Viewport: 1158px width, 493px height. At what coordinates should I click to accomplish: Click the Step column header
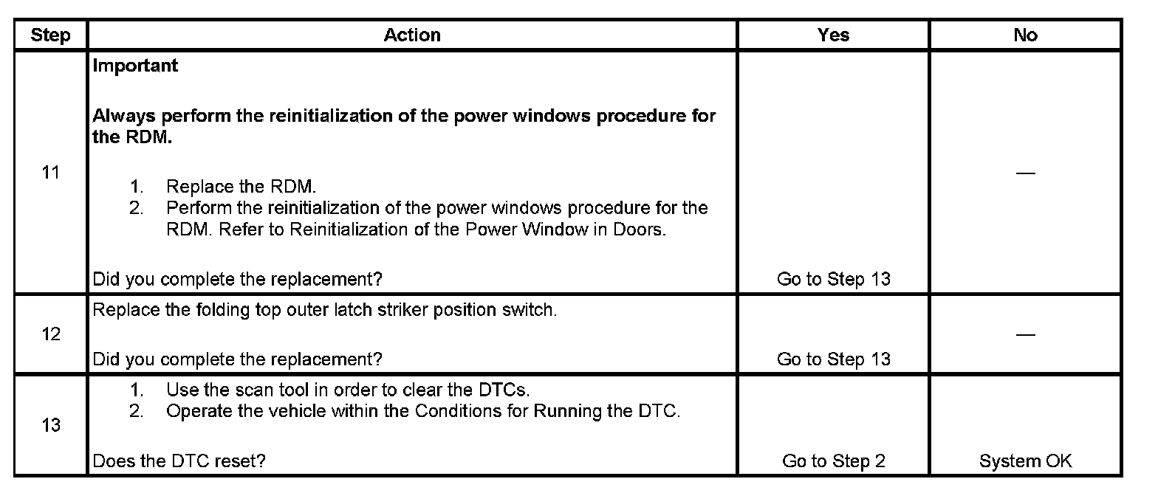click(x=51, y=35)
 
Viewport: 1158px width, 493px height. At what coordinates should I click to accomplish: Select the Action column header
click(x=412, y=35)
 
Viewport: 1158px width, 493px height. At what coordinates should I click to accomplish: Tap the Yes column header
click(x=833, y=35)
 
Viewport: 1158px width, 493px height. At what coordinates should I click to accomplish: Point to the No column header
click(x=1025, y=35)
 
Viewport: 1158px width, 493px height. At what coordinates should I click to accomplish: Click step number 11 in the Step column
click(x=51, y=173)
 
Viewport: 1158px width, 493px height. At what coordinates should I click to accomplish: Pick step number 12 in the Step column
click(x=51, y=334)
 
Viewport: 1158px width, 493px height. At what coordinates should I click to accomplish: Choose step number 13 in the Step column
click(x=51, y=426)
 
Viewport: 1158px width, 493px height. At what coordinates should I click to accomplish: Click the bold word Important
click(x=135, y=66)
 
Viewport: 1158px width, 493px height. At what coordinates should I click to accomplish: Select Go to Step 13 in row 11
click(x=833, y=279)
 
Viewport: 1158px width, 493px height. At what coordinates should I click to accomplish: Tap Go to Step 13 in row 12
click(x=833, y=359)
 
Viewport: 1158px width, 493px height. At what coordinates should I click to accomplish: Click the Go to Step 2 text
click(x=833, y=461)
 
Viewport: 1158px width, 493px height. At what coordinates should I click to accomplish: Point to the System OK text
click(x=1025, y=461)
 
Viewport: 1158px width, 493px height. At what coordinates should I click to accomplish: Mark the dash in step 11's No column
click(x=1025, y=173)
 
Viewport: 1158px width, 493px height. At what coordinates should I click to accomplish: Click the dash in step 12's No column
click(x=1025, y=334)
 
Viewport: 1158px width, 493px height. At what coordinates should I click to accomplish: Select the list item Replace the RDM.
click(x=241, y=187)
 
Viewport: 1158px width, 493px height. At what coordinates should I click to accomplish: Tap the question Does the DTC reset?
click(x=179, y=461)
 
